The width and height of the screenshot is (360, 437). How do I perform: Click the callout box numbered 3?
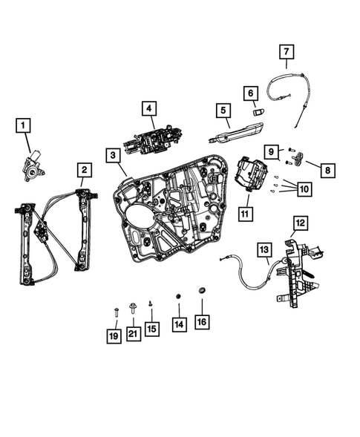pos(111,156)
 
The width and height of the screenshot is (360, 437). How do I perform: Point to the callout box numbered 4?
pos(149,110)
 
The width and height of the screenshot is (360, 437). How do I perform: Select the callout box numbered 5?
pos(221,111)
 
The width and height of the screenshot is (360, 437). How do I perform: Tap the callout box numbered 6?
pos(250,92)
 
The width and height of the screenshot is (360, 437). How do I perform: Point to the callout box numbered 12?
pos(300,222)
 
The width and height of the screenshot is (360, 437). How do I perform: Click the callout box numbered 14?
pos(178,323)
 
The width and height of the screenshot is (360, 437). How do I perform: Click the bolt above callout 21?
pos(133,306)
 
